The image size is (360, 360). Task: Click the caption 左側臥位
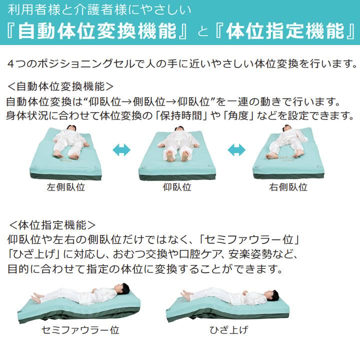[65, 188]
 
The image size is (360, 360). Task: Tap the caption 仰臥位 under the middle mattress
[177, 188]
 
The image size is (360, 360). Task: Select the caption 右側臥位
[288, 188]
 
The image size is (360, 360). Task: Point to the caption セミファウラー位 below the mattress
[80, 330]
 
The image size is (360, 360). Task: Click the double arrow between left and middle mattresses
[121, 149]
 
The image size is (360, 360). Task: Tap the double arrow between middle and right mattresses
[236, 149]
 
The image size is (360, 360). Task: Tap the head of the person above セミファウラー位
[123, 288]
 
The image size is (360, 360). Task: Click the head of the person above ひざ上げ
[273, 295]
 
